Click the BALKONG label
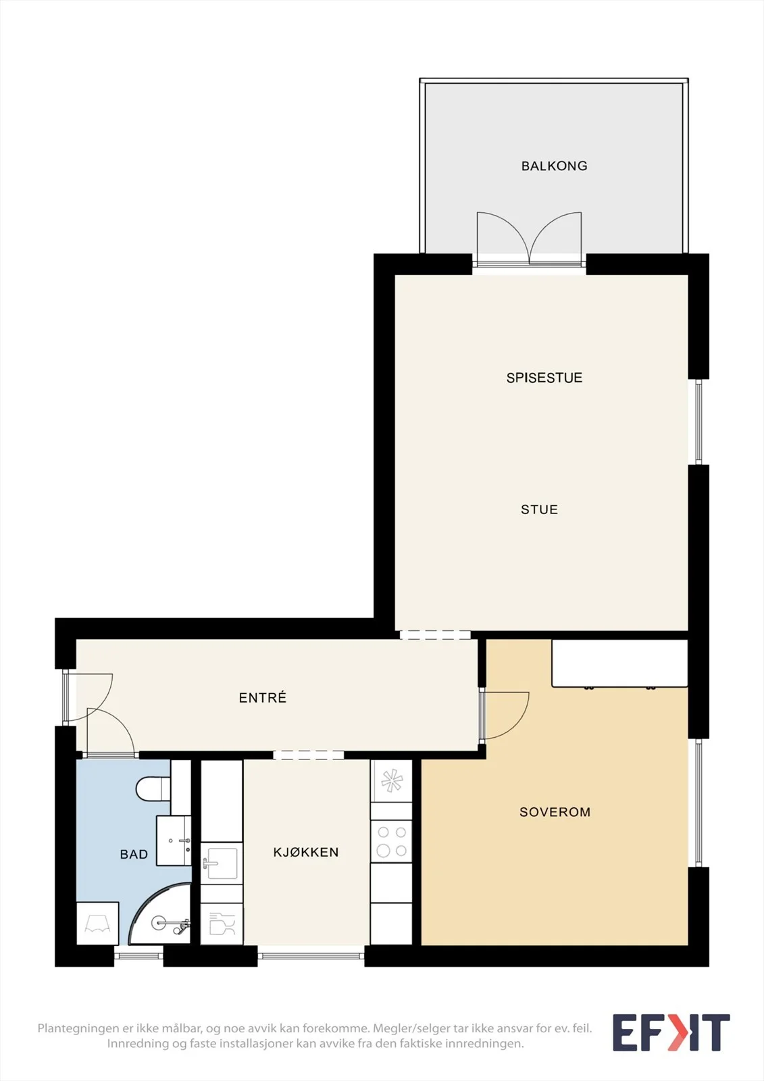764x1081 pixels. pos(554,166)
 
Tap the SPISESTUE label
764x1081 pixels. pos(544,378)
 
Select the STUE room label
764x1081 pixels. pos(539,509)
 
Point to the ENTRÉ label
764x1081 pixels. pos(263,697)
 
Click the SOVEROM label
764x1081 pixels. pos(555,811)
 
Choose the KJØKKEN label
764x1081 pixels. pos(306,852)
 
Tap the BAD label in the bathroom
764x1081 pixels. pos(134,854)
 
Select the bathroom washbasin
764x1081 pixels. pos(174,840)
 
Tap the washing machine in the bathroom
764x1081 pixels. pos(97,923)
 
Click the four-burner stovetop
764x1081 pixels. pos(391,841)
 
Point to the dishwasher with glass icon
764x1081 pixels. pos(222,924)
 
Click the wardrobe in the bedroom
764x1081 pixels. pos(619,663)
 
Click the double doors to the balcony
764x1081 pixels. pos(529,239)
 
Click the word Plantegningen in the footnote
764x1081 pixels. pos(79,1028)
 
